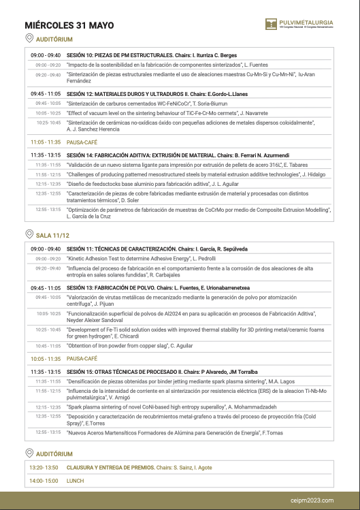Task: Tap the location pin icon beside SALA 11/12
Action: click(x=29, y=234)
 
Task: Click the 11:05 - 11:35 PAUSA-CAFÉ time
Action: click(x=46, y=142)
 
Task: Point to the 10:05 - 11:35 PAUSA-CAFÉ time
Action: click(x=46, y=358)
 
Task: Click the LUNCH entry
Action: click(x=75, y=481)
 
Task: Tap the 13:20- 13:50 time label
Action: click(x=44, y=468)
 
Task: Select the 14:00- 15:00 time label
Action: click(x=44, y=481)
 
